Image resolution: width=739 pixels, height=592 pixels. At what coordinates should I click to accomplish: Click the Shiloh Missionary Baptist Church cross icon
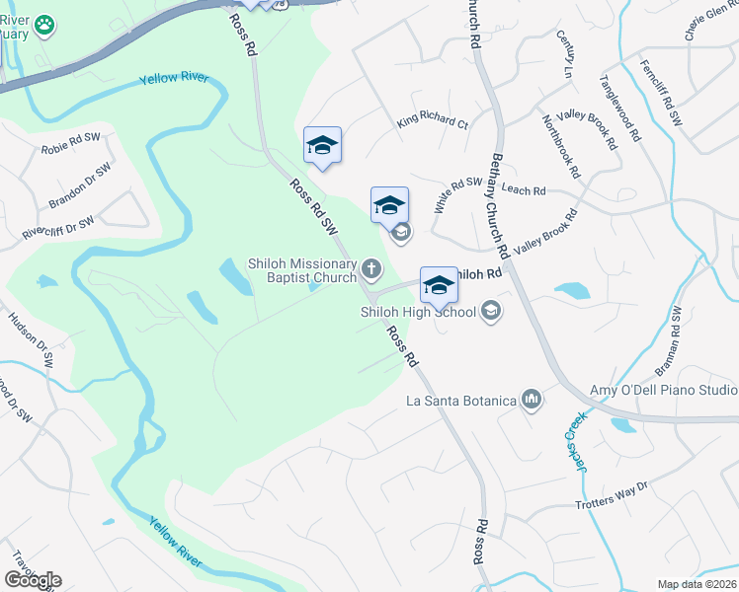[371, 267]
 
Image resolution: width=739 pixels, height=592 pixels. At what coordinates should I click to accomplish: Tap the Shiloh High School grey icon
[491, 312]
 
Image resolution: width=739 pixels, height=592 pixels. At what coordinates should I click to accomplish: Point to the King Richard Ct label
[432, 122]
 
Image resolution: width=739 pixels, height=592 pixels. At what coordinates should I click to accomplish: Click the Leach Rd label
[523, 189]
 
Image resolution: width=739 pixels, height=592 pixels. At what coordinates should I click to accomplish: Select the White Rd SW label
[456, 195]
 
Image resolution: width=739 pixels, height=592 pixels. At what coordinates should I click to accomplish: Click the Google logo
[33, 579]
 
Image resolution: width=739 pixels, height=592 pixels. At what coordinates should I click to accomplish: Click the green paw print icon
[43, 25]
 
